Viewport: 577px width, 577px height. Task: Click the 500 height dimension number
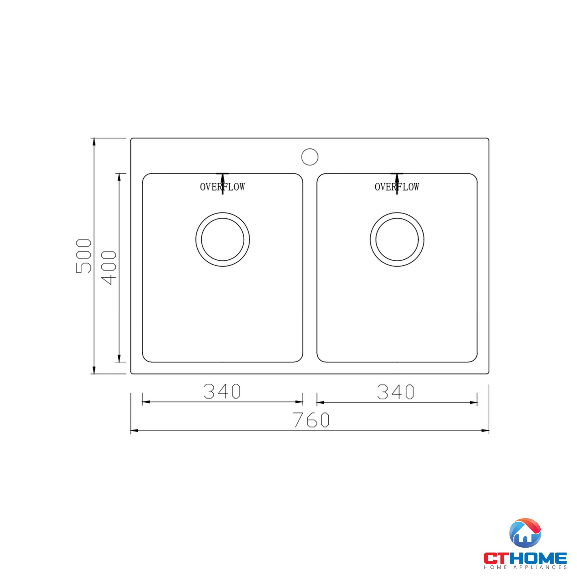click(83, 256)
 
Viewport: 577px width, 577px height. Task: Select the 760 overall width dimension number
click(311, 419)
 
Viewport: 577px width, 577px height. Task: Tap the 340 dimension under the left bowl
click(222, 391)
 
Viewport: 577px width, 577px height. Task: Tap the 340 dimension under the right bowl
click(396, 392)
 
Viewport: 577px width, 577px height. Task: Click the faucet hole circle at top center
click(310, 157)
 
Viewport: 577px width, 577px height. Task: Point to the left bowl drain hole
click(222, 239)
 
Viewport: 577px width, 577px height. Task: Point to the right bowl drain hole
click(397, 239)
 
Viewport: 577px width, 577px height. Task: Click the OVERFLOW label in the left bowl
click(222, 187)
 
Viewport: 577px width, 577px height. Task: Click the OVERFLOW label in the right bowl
click(397, 187)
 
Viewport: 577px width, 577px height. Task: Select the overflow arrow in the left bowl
click(222, 179)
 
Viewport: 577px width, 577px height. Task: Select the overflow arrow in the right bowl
click(397, 179)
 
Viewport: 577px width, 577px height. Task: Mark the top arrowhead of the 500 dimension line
click(94, 142)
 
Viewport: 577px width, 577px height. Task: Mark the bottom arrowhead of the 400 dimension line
click(119, 358)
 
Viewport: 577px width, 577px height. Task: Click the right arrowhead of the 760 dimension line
click(485, 431)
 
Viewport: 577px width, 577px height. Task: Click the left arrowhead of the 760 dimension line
click(134, 431)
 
